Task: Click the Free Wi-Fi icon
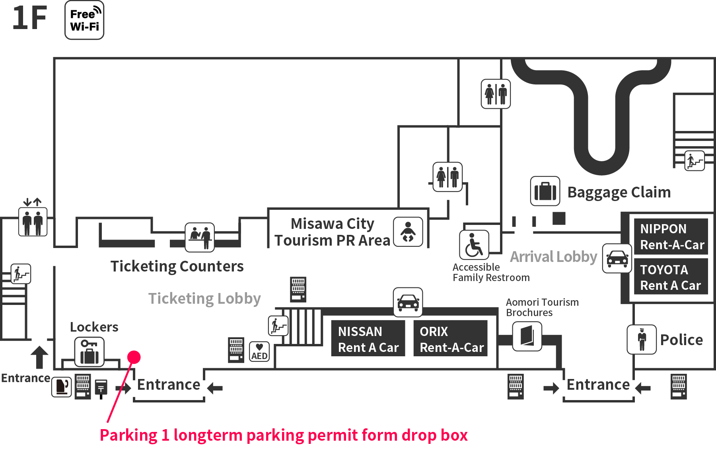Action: click(84, 20)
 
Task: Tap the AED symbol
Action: click(259, 352)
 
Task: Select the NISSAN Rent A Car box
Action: click(368, 338)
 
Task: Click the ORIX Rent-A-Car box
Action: click(451, 338)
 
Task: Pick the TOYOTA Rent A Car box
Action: click(671, 277)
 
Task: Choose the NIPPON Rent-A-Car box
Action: click(671, 236)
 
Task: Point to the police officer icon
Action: click(642, 340)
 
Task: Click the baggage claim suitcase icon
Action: click(545, 191)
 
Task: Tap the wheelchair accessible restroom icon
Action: click(474, 245)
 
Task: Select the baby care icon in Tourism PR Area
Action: click(408, 232)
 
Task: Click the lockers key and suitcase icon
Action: click(89, 352)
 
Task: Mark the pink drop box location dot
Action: click(134, 357)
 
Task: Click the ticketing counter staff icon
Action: click(200, 237)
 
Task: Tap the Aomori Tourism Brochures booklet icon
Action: click(527, 336)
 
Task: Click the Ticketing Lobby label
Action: click(204, 299)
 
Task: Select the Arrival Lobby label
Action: click(554, 257)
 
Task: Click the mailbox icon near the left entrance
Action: click(101, 389)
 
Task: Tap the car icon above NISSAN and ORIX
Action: click(408, 303)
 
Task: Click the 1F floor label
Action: click(29, 18)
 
